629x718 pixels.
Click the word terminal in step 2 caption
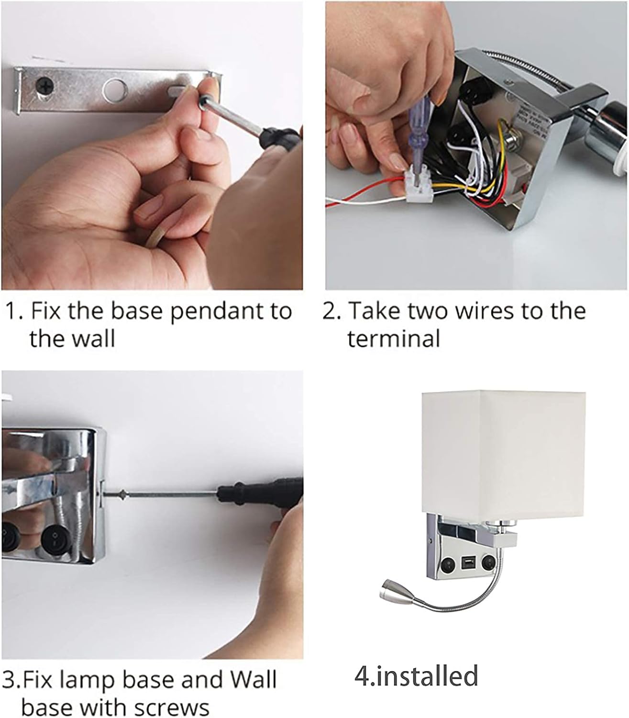(394, 339)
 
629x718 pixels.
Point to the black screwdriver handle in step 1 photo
(280, 139)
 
